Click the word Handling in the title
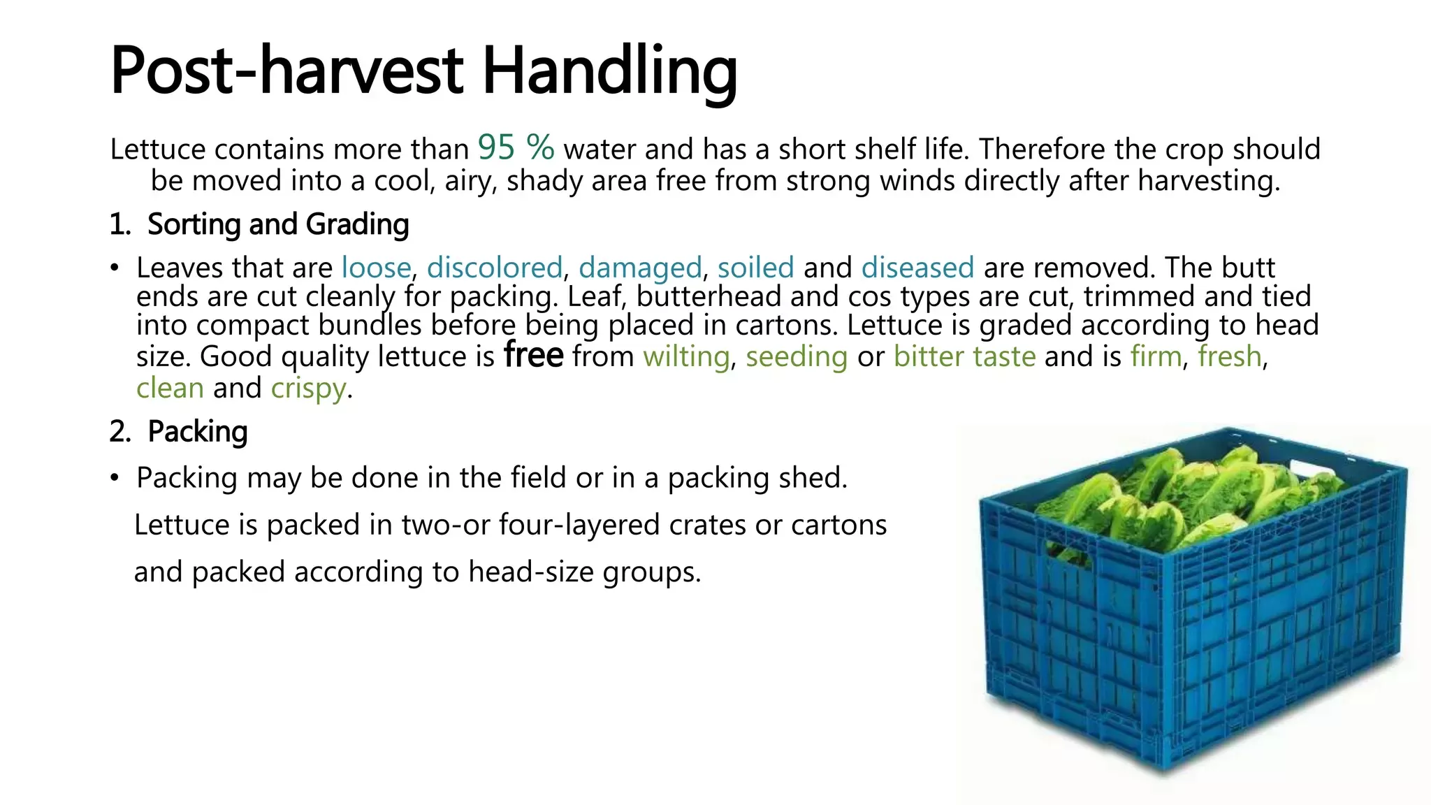609,73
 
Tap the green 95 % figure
516,147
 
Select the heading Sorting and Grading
278,225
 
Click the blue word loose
376,268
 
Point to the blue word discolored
495,268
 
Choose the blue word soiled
755,268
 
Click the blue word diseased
917,268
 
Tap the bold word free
533,354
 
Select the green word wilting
686,357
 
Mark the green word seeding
797,357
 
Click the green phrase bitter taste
964,356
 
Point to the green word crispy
308,389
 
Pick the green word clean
170,388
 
